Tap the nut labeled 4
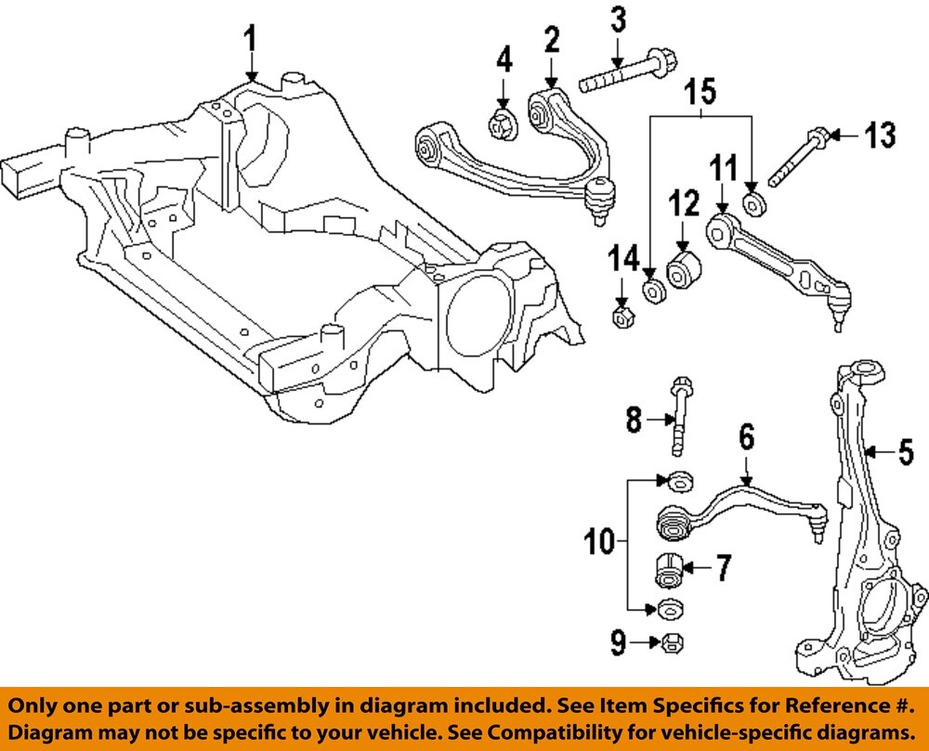point(503,123)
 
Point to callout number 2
point(552,39)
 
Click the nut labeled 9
point(667,641)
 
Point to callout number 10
point(601,541)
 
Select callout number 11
point(723,170)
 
